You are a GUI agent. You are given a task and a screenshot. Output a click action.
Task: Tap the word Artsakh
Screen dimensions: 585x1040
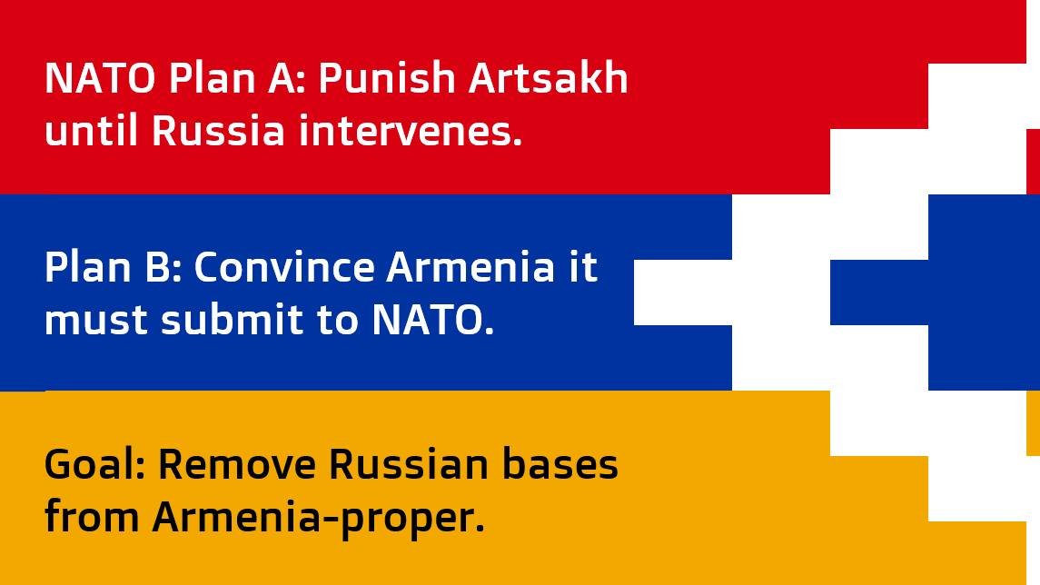[549, 80]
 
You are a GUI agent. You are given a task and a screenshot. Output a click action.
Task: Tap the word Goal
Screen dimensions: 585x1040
[94, 465]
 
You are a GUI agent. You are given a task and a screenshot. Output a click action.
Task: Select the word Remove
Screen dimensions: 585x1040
[238, 465]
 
